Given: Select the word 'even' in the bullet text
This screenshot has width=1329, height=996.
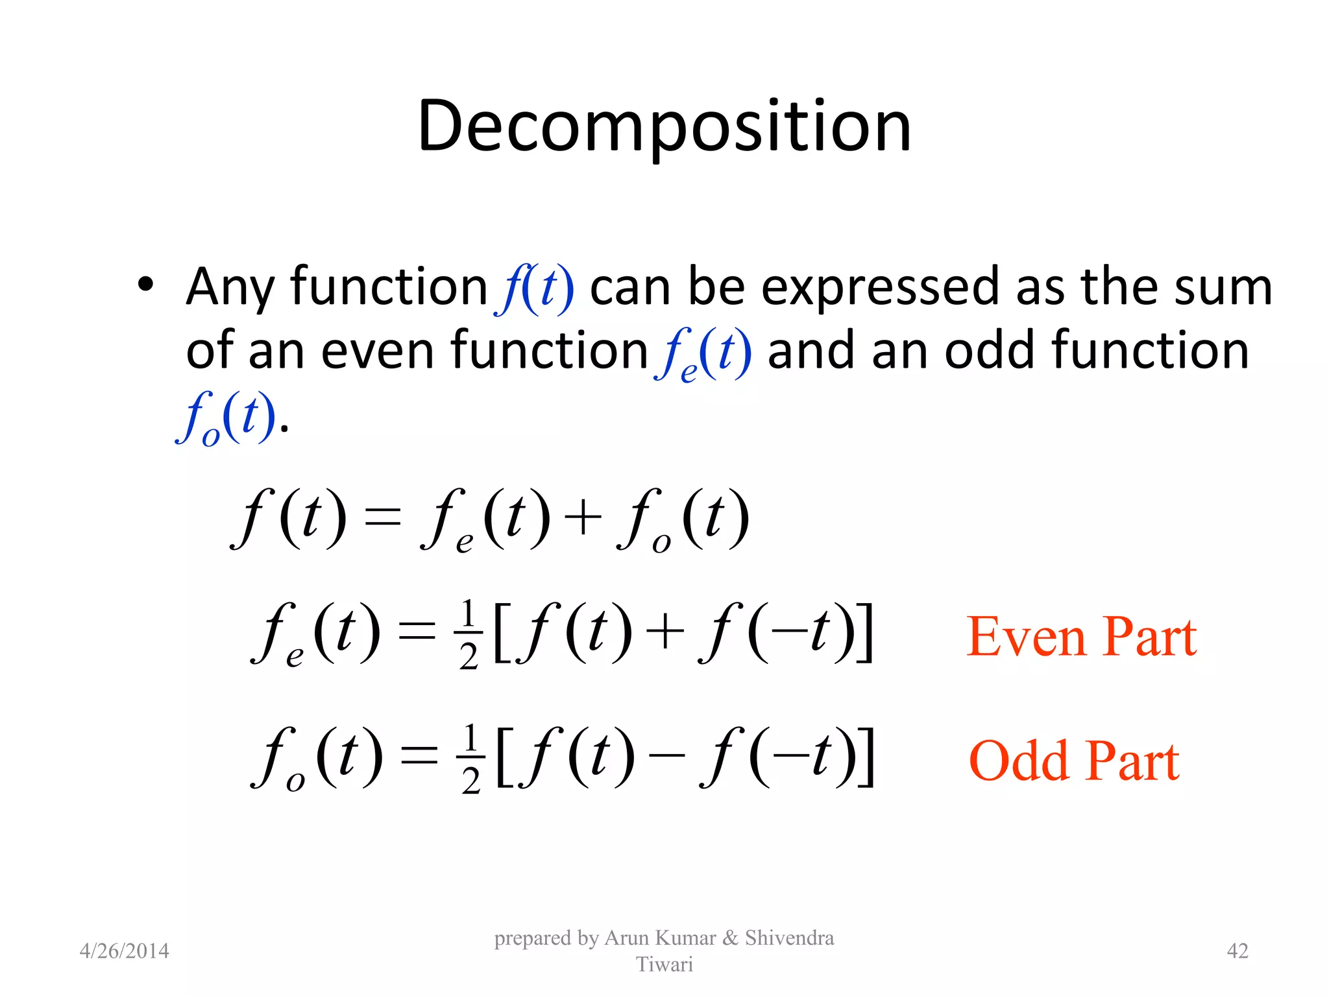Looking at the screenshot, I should pos(378,351).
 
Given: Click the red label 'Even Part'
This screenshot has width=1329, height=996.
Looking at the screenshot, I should pos(1082,637).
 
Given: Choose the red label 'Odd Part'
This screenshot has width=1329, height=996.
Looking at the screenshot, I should pos(1074,761).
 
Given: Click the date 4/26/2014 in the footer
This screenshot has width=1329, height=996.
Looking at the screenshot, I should pos(124,951).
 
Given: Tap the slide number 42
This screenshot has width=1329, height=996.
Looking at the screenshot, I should pos(1238,951).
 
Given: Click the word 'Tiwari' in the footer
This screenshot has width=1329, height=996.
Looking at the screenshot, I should pos(664,964).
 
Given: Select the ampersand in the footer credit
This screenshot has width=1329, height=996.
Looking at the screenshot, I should pos(730,938).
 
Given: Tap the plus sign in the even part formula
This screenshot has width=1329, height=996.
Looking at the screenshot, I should pos(665,632).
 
